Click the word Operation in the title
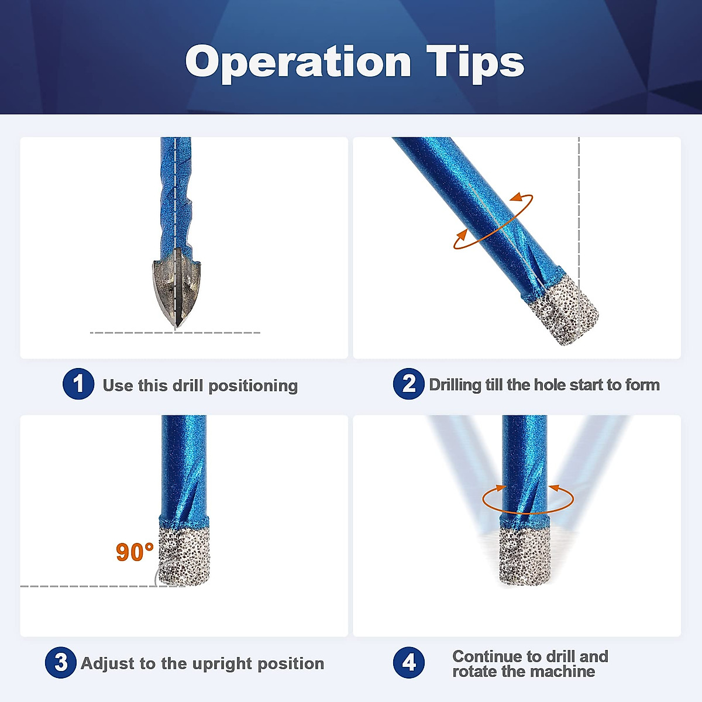[x=298, y=62]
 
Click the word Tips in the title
[x=475, y=62]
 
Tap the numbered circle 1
[x=78, y=384]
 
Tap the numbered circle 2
[x=408, y=384]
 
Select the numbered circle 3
[x=60, y=663]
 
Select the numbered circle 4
[x=408, y=663]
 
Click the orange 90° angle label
[x=135, y=552]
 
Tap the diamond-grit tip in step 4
[x=525, y=556]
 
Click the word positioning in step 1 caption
[x=253, y=386]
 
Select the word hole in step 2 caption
[x=550, y=385]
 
